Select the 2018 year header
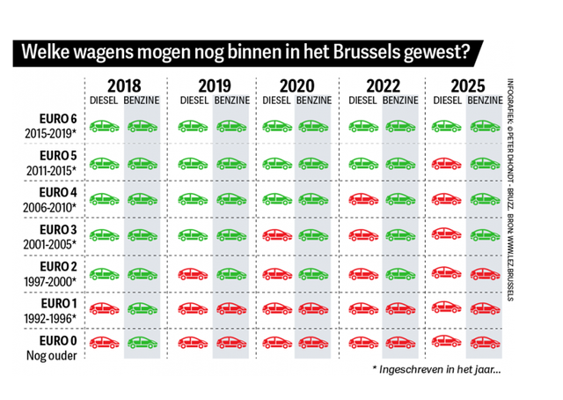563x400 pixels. click(123, 86)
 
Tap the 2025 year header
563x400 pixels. click(463, 86)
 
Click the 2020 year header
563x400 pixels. click(294, 86)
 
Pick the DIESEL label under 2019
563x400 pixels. click(194, 101)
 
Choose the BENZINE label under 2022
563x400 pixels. click(400, 101)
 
